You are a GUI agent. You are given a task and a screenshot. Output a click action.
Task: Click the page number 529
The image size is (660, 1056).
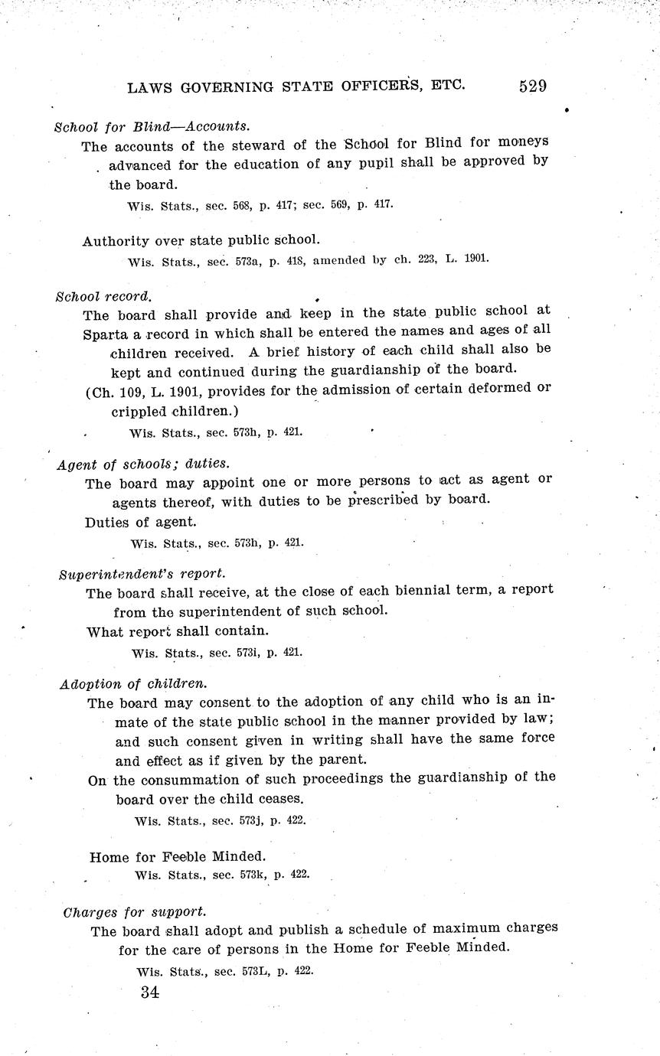[x=532, y=86]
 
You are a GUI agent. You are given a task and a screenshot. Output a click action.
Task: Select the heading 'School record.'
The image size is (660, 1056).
[x=103, y=295]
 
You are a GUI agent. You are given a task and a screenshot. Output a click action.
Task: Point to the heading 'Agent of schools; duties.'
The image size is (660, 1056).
[x=143, y=464]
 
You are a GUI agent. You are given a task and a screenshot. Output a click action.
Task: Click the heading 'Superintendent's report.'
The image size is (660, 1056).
[x=142, y=573]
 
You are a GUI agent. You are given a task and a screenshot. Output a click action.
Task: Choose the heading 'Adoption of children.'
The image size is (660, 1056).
[x=133, y=683]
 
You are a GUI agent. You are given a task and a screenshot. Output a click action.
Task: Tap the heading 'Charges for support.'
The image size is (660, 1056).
[x=134, y=912]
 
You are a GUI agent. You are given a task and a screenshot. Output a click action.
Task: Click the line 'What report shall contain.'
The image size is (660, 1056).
[x=176, y=632]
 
